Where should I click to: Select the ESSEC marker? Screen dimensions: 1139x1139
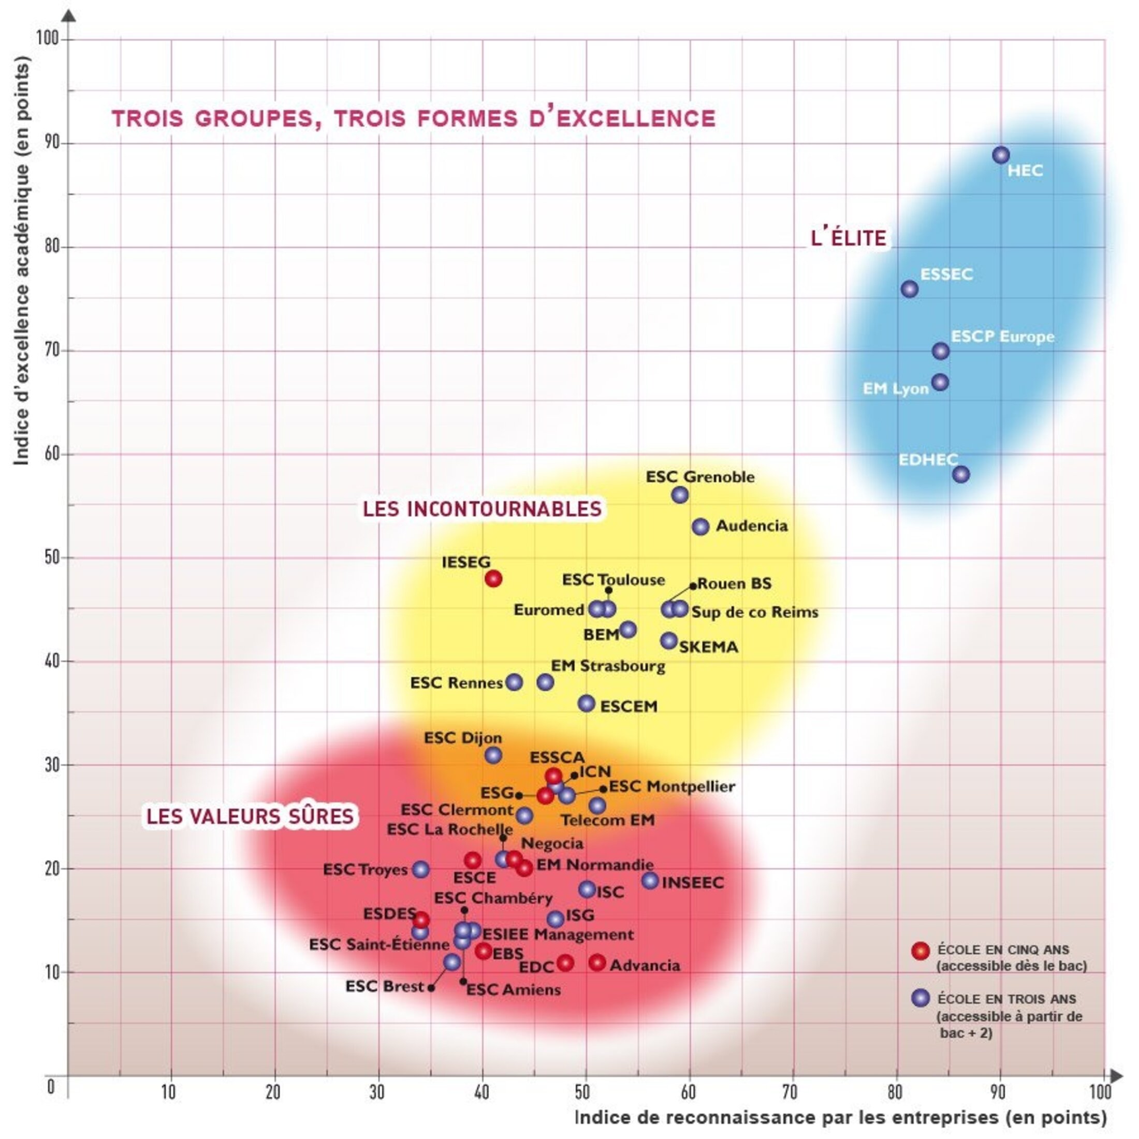[x=910, y=289]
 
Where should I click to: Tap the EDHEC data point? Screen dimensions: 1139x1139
[x=961, y=474]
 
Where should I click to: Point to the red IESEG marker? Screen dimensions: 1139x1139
[x=493, y=579]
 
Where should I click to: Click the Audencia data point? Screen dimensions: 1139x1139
[x=700, y=527]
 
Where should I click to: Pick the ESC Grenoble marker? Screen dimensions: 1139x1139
[x=680, y=495]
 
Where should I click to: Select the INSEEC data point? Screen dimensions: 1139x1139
[x=650, y=881]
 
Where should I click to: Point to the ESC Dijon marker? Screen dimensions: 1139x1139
[x=493, y=755]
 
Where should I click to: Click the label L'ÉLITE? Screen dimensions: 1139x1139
[x=849, y=238]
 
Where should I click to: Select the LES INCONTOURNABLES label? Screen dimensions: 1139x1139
[x=481, y=509]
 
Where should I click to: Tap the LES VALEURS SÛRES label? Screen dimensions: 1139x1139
[x=250, y=816]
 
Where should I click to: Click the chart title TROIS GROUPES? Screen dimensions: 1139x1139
[x=413, y=119]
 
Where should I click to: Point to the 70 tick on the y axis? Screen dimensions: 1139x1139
[x=52, y=351]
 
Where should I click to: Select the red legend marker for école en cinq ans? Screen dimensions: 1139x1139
[x=921, y=951]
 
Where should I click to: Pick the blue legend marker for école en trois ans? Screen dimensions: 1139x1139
[x=921, y=998]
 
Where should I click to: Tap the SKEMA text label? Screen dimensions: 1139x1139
[x=708, y=647]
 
